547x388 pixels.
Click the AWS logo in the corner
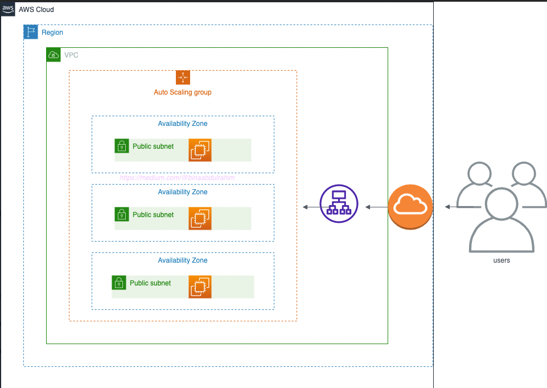[8, 9]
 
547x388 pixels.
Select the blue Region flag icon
[31, 32]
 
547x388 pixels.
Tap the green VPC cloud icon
[54, 55]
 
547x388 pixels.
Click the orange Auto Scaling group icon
[183, 77]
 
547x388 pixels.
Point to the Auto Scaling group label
[183, 92]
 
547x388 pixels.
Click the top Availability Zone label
[183, 124]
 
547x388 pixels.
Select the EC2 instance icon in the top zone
[200, 150]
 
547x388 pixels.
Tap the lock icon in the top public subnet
[122, 146]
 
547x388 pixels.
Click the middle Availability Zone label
[183, 192]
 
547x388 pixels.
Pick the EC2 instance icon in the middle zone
[200, 219]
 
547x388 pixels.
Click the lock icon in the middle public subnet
[122, 214]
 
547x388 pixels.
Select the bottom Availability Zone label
[183, 260]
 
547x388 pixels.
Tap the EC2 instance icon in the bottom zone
[200, 287]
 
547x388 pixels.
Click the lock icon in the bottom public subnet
[119, 283]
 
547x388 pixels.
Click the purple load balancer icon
[339, 203]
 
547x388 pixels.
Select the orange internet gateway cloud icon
[410, 207]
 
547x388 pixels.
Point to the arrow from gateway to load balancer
[376, 207]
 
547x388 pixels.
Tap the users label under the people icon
[501, 260]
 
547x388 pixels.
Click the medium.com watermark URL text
[177, 178]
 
